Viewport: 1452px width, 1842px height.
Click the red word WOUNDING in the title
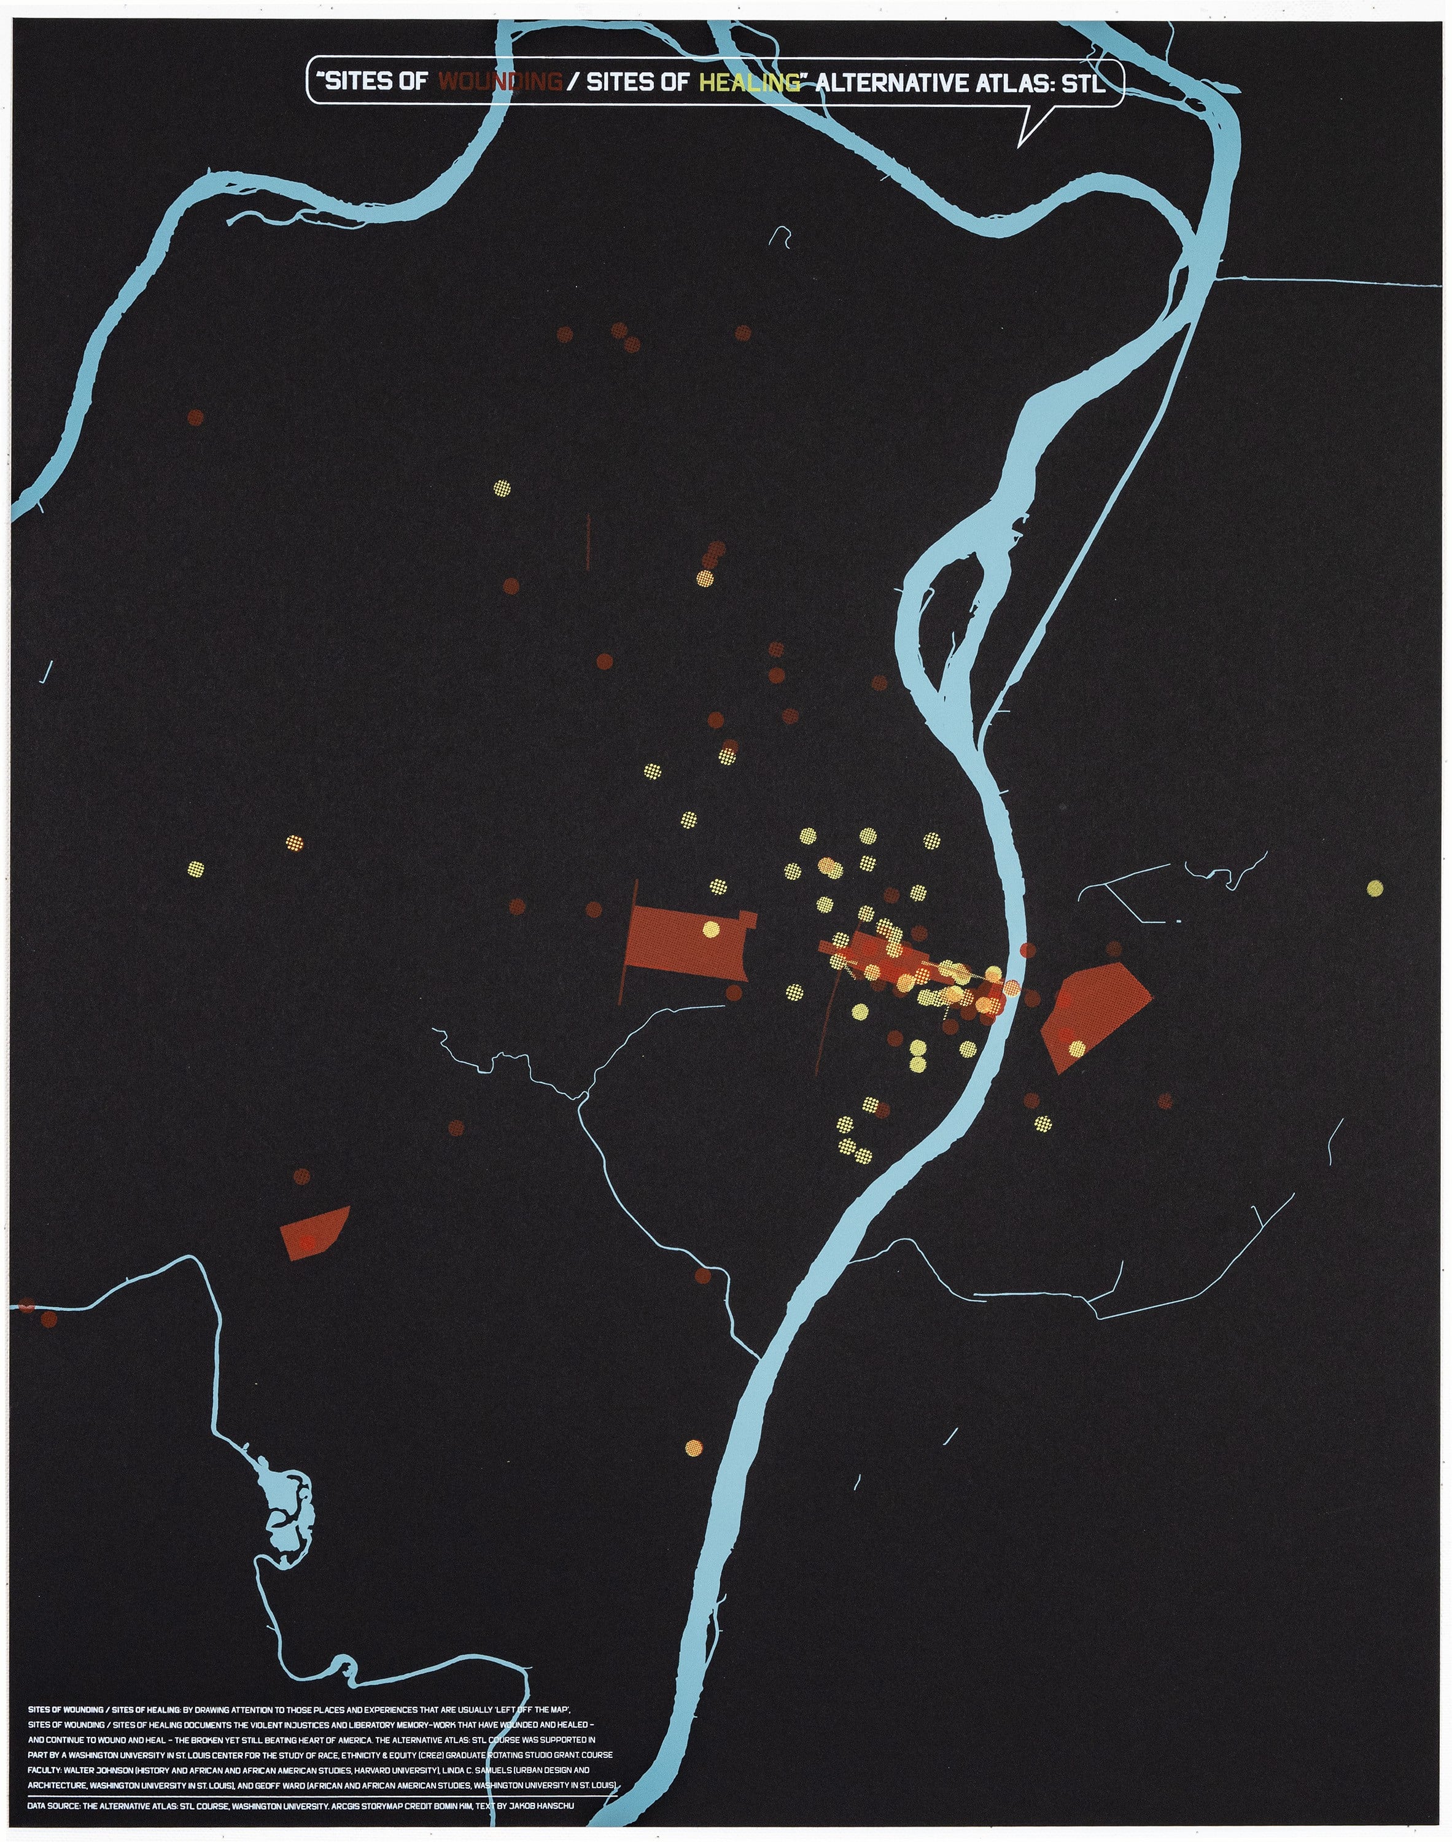(500, 82)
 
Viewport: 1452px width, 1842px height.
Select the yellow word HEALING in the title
(749, 82)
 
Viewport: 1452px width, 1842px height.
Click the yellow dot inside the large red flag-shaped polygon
(712, 929)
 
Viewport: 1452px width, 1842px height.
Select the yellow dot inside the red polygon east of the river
(1077, 1048)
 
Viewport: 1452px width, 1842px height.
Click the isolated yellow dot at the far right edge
(1375, 888)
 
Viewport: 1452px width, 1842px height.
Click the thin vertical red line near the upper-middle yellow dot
(588, 540)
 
